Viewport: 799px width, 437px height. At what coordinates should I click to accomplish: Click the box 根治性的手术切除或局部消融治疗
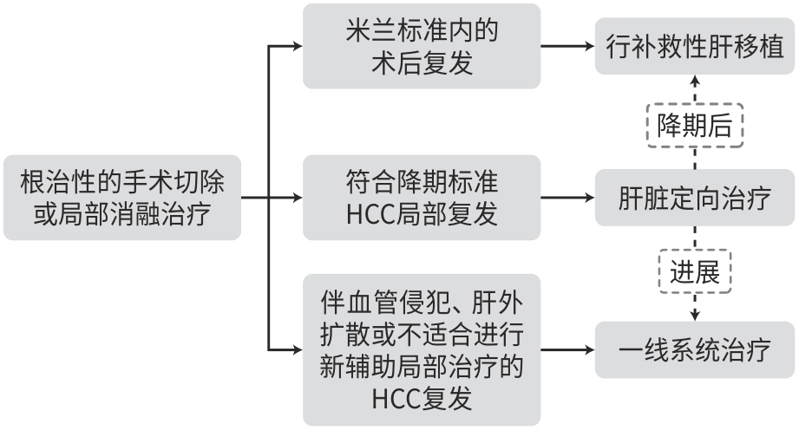coord(121,198)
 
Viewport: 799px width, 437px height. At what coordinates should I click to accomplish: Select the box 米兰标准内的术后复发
coord(422,46)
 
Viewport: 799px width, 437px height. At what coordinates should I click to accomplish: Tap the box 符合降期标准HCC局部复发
coord(422,198)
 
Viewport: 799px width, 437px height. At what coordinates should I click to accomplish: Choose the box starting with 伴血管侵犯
coord(422,349)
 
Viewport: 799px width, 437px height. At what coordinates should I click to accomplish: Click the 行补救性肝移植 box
coord(695,46)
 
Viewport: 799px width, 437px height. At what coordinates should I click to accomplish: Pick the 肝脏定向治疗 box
coord(695,198)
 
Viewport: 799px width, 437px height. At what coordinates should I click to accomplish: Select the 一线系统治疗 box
coord(695,350)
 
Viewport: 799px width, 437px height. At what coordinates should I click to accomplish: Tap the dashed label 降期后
coord(695,127)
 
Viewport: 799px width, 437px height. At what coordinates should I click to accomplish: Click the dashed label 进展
coord(695,272)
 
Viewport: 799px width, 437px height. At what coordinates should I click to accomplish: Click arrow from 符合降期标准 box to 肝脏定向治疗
coord(567,198)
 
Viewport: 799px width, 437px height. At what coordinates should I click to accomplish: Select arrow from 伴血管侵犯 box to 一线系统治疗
coord(567,350)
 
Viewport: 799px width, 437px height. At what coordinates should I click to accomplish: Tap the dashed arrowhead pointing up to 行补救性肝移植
coord(695,81)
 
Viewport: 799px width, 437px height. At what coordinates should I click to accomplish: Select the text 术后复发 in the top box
coord(422,63)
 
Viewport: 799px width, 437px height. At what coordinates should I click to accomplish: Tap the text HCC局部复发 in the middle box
coord(422,215)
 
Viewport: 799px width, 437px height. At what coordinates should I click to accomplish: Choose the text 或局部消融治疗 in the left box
coord(121,215)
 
